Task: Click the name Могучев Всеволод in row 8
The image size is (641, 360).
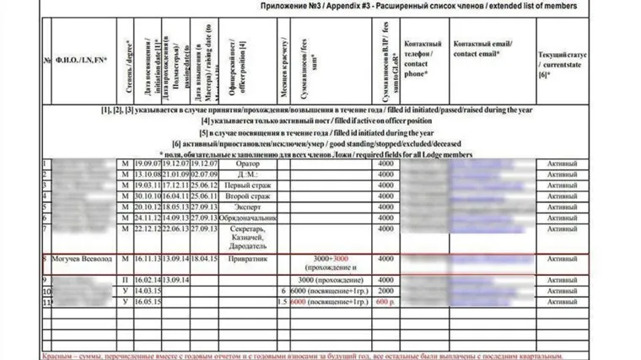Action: click(83, 260)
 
